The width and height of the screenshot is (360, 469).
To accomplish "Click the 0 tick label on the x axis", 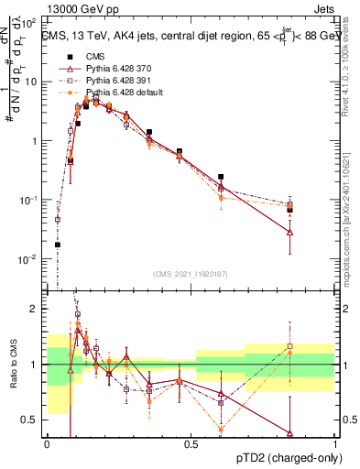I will [47, 443].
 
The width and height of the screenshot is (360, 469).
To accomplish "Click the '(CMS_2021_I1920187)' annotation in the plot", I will [190, 273].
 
